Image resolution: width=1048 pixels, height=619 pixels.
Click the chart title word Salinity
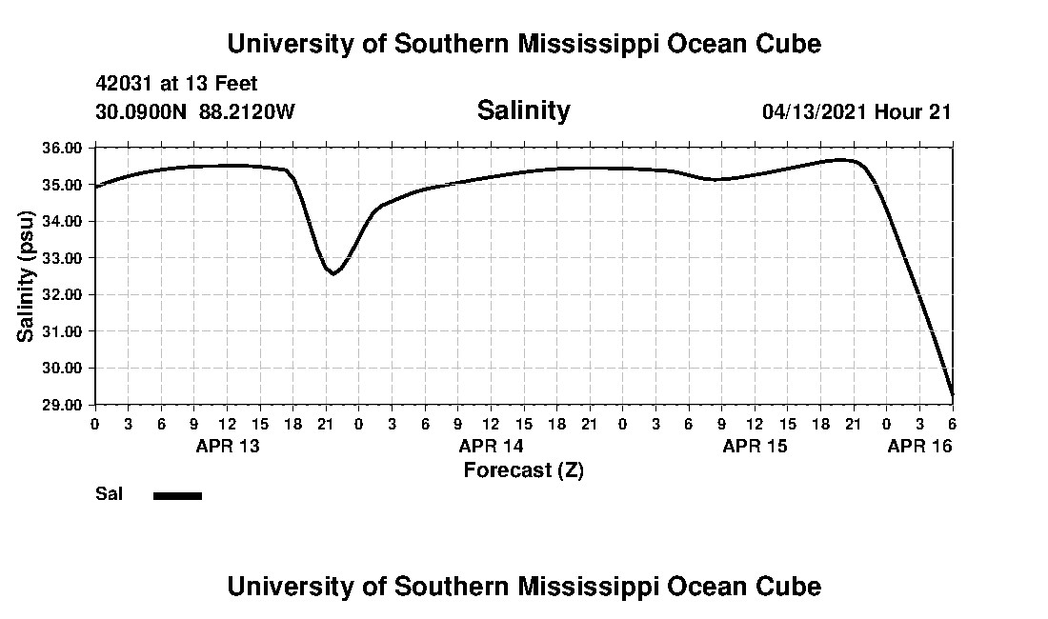click(523, 110)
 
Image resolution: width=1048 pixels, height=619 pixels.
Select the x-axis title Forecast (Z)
click(523, 469)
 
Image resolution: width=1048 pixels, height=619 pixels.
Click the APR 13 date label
click(227, 446)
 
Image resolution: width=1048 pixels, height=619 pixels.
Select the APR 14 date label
click(491, 446)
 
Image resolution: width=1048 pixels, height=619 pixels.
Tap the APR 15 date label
click(755, 446)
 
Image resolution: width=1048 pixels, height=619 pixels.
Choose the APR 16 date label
click(919, 446)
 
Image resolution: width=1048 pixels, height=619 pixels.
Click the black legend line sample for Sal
click(177, 495)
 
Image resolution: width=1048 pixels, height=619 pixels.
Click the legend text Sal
click(107, 494)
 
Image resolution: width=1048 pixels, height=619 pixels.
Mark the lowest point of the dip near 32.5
click(333, 273)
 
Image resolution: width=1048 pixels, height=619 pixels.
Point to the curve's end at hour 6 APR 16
click(952, 393)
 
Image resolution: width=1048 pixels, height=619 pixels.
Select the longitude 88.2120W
click(248, 111)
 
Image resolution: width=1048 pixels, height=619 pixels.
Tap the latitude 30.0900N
click(143, 111)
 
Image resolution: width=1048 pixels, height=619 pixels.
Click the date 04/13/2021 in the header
click(816, 111)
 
